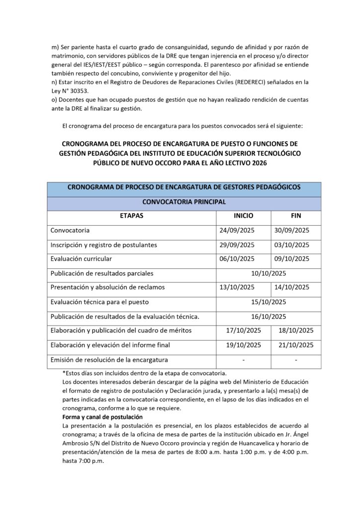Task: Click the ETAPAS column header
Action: [131, 217]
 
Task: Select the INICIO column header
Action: [244, 217]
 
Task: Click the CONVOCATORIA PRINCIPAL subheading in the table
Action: [184, 202]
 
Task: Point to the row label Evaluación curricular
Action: [81, 258]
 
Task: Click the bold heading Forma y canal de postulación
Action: [102, 417]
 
